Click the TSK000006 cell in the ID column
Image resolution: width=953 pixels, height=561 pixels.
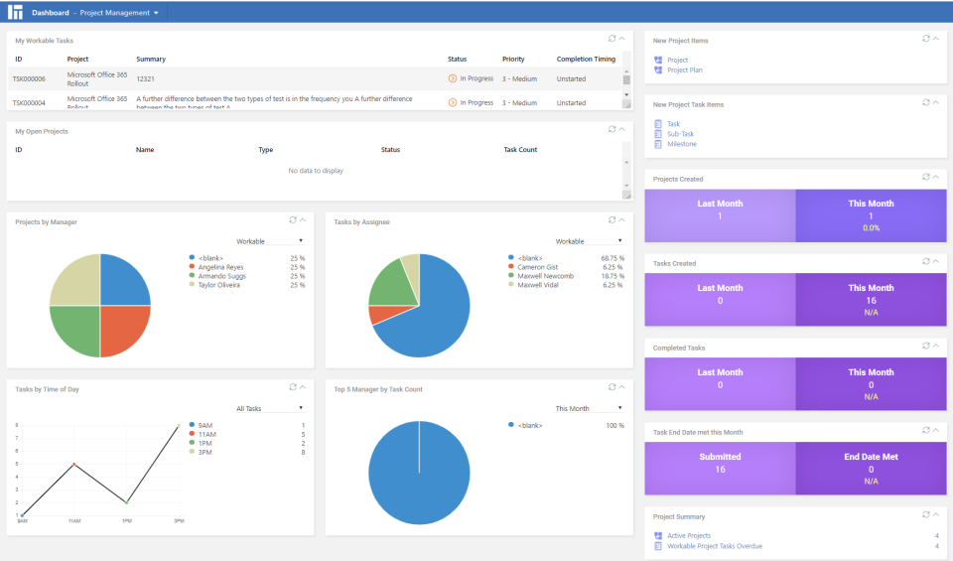[29, 79]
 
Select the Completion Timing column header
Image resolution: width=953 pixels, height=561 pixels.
[586, 60]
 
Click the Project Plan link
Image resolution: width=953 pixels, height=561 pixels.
[684, 70]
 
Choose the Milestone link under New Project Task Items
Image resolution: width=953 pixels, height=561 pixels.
[681, 144]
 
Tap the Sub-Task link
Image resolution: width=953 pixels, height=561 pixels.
[680, 134]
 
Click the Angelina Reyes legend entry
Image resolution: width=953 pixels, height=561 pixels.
[221, 267]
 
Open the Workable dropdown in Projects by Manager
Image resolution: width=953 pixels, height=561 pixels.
[269, 240]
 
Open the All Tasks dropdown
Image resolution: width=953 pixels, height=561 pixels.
[269, 408]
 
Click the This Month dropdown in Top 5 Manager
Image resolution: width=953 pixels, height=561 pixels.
[589, 408]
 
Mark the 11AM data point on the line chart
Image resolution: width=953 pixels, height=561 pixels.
[74, 464]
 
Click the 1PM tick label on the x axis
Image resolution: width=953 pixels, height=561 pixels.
[126, 521]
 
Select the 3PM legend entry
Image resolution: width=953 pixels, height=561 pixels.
[206, 452]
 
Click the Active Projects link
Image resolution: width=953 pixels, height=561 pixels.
[689, 536]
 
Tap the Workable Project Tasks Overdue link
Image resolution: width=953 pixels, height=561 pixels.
[715, 546]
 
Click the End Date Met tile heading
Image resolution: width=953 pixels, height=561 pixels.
[871, 457]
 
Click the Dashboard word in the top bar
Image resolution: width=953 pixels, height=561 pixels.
[51, 13]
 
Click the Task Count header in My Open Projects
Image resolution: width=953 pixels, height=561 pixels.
[520, 150]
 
